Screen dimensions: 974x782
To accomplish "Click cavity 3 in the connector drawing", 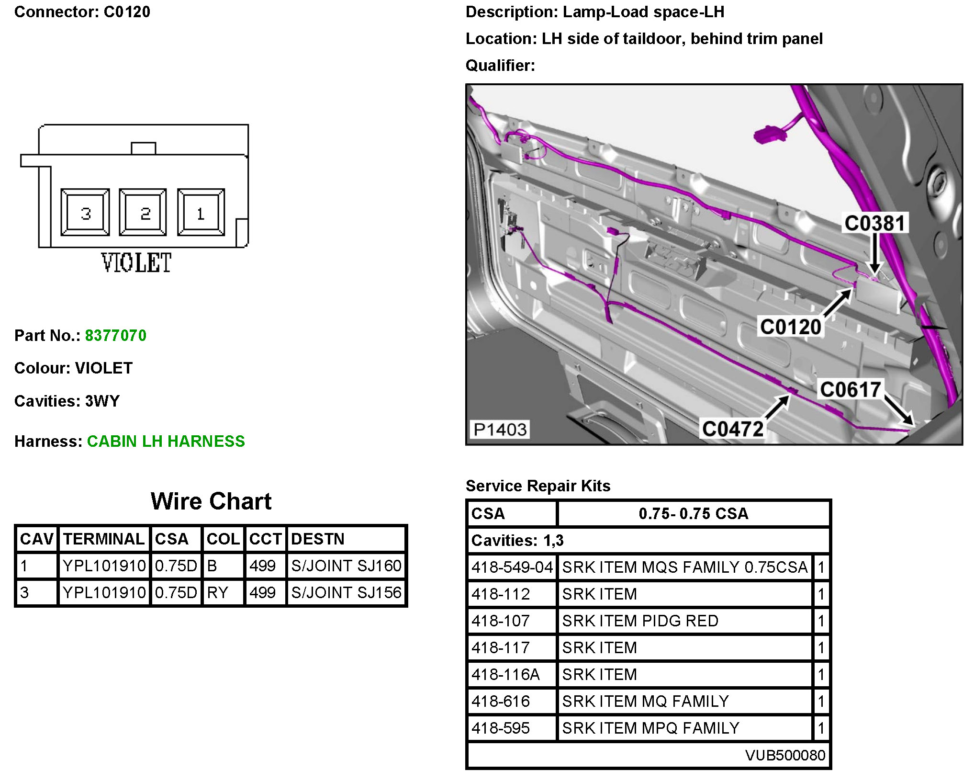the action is [x=85, y=212].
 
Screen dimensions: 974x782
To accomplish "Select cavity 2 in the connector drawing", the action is [x=143, y=212].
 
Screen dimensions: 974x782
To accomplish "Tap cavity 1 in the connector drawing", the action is [x=201, y=212].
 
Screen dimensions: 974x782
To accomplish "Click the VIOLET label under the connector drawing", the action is [x=136, y=263].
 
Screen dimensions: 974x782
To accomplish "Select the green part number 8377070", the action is [x=116, y=335].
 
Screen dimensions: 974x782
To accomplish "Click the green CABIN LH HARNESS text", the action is [x=166, y=441].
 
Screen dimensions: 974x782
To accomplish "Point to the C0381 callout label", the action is [x=874, y=224].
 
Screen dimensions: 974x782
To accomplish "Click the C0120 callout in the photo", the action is [x=791, y=327].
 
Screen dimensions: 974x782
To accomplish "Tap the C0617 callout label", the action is [x=851, y=390].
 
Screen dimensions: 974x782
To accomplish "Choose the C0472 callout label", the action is [x=733, y=429].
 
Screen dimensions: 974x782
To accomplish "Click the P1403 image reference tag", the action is [x=500, y=430].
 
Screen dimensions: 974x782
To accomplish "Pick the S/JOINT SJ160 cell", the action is [x=346, y=566].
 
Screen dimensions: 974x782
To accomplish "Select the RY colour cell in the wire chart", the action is [x=218, y=592].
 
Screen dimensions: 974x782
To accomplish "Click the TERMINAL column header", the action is [x=104, y=539].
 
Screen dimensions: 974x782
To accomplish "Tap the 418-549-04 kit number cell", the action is [x=512, y=567].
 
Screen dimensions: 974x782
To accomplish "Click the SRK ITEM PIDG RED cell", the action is [x=640, y=621].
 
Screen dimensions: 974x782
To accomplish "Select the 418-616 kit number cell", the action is [x=501, y=701].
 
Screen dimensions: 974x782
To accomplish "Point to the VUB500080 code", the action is [x=785, y=755].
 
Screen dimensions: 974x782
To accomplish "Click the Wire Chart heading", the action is [x=211, y=501].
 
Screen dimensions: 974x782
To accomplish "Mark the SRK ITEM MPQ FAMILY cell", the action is [x=650, y=728].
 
